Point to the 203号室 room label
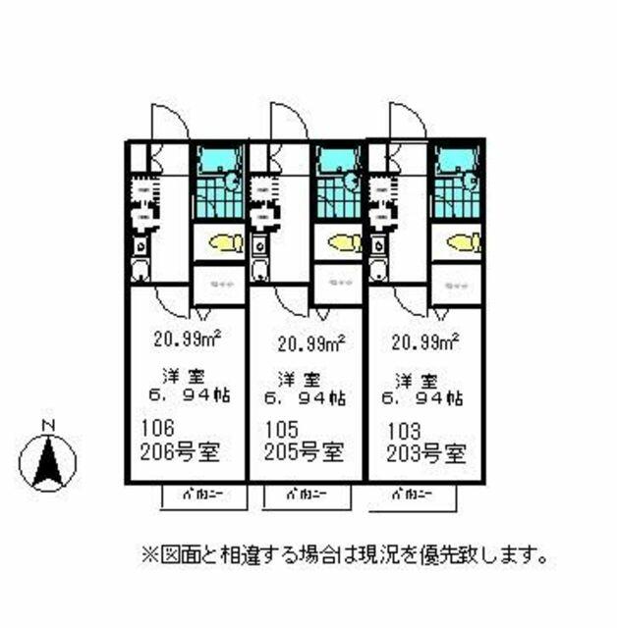click(x=424, y=455)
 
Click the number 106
click(x=157, y=430)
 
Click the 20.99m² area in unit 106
click(x=187, y=340)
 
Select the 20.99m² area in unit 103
click(x=426, y=342)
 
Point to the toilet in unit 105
click(x=344, y=242)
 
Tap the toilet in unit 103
click(x=462, y=241)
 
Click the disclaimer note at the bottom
click(x=344, y=555)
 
